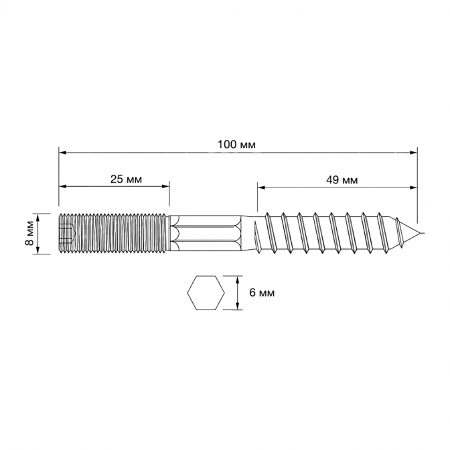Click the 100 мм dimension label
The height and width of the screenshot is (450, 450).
[236, 145]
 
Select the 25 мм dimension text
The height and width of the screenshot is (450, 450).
[126, 179]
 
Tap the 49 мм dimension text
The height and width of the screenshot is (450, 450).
[342, 180]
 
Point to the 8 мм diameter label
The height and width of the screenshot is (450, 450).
[29, 234]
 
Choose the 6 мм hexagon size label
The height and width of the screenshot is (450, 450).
[262, 293]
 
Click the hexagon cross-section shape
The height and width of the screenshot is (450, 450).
[206, 293]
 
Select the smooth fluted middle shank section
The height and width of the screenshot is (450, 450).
[206, 233]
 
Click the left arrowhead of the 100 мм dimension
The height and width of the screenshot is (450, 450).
[62, 153]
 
